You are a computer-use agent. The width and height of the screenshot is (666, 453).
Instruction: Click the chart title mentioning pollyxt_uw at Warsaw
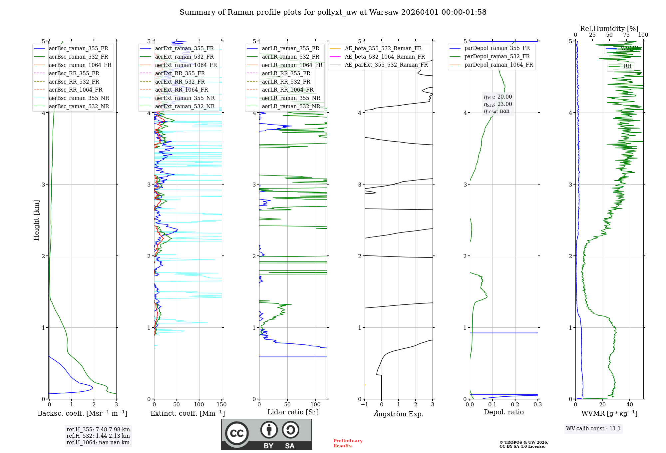click(x=333, y=12)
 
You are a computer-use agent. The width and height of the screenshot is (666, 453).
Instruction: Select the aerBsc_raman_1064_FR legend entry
click(x=80, y=65)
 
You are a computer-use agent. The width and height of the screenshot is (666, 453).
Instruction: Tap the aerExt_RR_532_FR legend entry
click(x=180, y=82)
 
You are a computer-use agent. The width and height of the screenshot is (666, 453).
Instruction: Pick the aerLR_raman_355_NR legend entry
click(x=291, y=98)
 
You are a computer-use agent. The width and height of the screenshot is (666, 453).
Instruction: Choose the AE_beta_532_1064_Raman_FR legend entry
click(x=385, y=57)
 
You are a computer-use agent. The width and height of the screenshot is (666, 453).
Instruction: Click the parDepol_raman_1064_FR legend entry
click(x=499, y=65)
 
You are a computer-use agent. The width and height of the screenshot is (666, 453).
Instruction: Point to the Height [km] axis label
click(x=36, y=220)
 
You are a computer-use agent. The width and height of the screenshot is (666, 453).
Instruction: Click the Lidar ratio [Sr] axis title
click(x=293, y=412)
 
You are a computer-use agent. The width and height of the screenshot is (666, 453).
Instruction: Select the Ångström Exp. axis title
click(x=399, y=414)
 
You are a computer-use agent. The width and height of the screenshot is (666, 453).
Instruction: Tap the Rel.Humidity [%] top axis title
click(x=609, y=29)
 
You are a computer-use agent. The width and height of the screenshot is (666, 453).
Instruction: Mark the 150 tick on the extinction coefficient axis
click(x=221, y=405)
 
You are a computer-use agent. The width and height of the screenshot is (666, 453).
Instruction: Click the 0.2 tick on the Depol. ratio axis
click(x=515, y=405)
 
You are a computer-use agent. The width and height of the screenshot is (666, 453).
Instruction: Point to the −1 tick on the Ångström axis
click(x=364, y=405)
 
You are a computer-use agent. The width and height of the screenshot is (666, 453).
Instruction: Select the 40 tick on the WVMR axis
click(x=630, y=405)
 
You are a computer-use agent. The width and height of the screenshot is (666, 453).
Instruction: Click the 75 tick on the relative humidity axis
click(x=626, y=35)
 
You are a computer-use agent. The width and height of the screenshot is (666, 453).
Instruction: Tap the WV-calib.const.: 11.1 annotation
click(x=593, y=429)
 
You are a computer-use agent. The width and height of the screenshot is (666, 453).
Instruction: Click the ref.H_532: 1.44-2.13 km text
click(x=98, y=436)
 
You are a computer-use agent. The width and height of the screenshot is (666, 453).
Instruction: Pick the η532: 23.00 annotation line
click(x=498, y=104)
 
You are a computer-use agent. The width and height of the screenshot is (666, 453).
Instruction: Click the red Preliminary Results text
click(x=348, y=443)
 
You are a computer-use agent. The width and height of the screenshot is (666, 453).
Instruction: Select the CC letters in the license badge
click(x=237, y=433)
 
